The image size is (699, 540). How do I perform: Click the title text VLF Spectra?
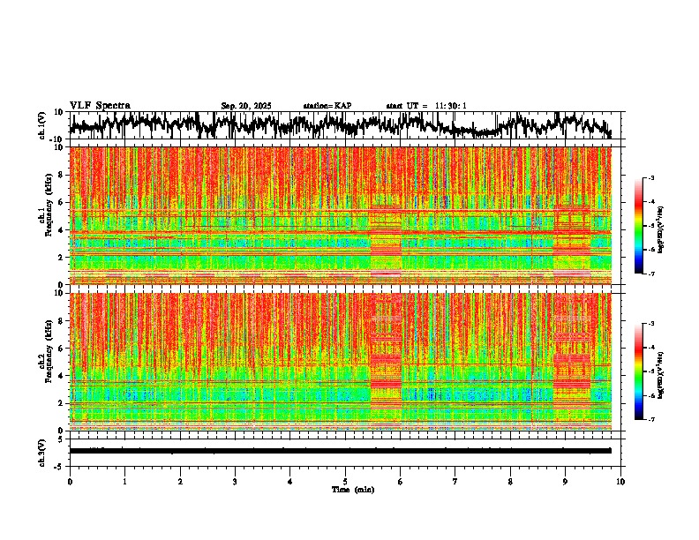[x=100, y=105]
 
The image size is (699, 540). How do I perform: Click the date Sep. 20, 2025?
[x=246, y=106]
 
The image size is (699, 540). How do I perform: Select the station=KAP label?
[x=327, y=106]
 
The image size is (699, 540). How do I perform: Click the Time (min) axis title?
[x=345, y=489]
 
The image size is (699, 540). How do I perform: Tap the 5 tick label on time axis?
[x=345, y=481]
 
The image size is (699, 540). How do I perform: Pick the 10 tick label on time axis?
[x=620, y=481]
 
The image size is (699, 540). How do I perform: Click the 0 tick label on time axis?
[x=70, y=481]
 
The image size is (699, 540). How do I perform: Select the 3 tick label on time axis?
[x=235, y=481]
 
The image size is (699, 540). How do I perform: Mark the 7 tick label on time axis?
[x=455, y=481]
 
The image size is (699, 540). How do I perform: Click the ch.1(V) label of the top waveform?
[x=42, y=125]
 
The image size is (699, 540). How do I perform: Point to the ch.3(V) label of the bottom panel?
[x=42, y=451]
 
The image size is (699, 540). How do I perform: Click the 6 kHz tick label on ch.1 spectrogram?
[x=60, y=202]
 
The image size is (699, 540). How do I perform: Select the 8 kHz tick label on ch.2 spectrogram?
[x=60, y=320]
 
